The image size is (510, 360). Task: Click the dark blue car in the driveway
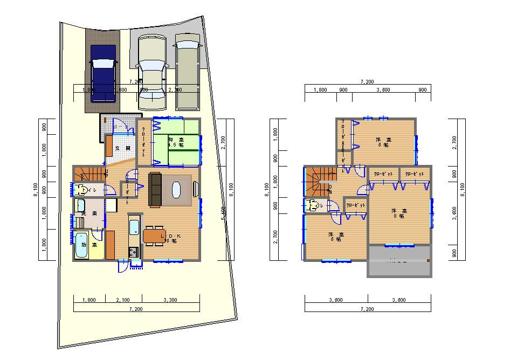point(104,73)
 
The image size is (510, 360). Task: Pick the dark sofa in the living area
point(154,190)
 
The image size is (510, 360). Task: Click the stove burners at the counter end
point(133,252)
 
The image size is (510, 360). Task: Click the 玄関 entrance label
point(124,148)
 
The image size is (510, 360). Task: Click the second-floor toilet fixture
point(312,206)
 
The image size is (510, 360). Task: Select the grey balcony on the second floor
point(399,261)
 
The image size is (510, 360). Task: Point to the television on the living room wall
point(195,189)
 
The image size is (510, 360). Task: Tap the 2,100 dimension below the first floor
point(123,299)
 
